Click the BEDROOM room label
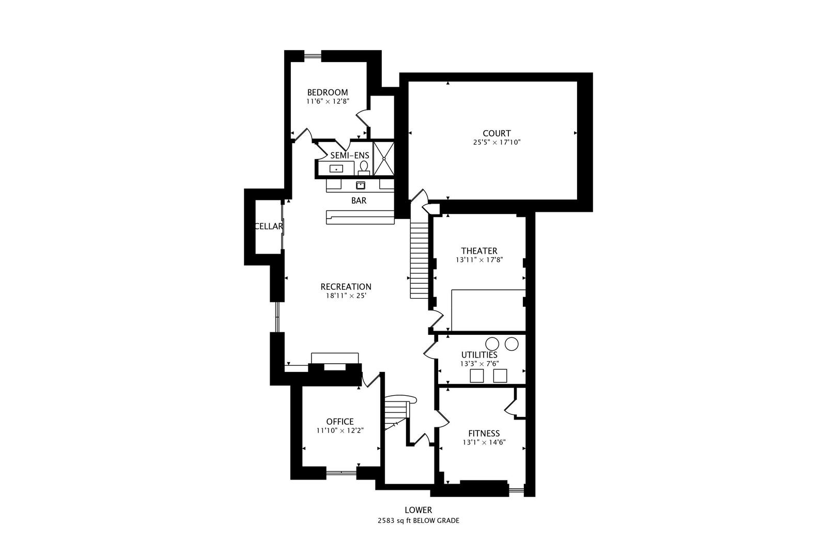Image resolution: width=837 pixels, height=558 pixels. click(327, 92)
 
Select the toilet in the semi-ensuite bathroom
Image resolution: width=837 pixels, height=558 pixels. click(364, 166)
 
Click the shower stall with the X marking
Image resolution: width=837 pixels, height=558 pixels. click(384, 158)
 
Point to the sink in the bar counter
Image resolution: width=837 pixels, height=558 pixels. click(361, 185)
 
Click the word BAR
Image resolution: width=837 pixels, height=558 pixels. click(359, 200)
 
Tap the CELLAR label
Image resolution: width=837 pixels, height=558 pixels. click(269, 226)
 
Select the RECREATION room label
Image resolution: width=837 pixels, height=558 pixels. click(346, 287)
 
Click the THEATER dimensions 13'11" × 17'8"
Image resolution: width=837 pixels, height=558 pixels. click(479, 260)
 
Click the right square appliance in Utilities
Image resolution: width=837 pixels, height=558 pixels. click(500, 376)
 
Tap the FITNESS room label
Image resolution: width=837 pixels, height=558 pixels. click(484, 433)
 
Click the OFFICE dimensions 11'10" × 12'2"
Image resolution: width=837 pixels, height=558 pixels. click(340, 430)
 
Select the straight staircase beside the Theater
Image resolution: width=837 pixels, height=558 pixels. click(419, 258)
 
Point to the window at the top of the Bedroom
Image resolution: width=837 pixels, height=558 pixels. click(312, 56)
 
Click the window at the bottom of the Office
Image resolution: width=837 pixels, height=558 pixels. click(342, 471)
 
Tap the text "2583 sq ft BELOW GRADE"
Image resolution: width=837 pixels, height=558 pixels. click(418, 521)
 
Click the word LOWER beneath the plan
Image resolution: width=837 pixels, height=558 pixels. click(418, 510)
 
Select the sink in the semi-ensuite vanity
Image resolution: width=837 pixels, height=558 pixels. click(336, 168)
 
